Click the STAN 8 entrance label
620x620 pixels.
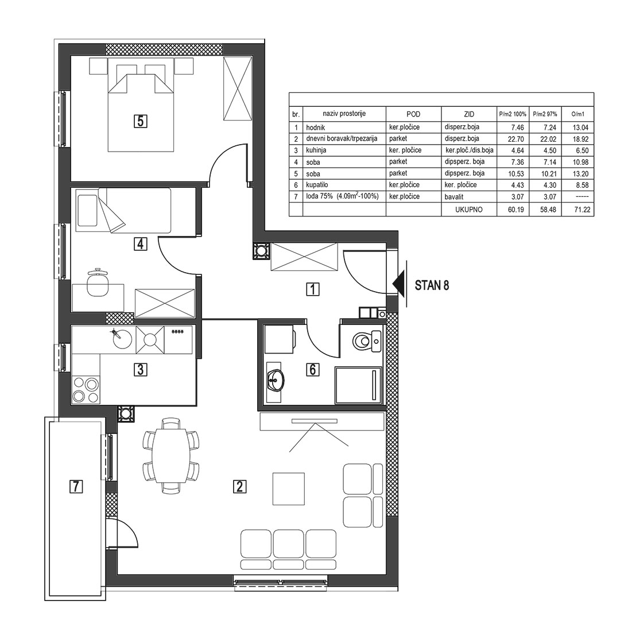(x=432, y=285)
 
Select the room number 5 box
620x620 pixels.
(x=141, y=121)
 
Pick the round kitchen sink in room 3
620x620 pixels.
(x=120, y=339)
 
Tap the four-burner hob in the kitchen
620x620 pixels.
(x=86, y=389)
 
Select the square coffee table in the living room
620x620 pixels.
(x=289, y=489)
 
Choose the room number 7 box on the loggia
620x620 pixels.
(x=76, y=486)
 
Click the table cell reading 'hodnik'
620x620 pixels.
(x=316, y=127)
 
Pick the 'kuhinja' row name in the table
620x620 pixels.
(x=316, y=150)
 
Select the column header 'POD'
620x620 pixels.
(x=413, y=114)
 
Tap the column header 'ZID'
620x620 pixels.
(x=469, y=114)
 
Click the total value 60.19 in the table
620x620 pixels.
(x=516, y=210)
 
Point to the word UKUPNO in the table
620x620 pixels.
(x=469, y=210)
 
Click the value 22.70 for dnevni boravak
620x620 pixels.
(x=516, y=139)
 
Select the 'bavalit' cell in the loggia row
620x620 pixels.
(x=454, y=196)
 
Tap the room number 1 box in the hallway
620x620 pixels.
(x=313, y=290)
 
